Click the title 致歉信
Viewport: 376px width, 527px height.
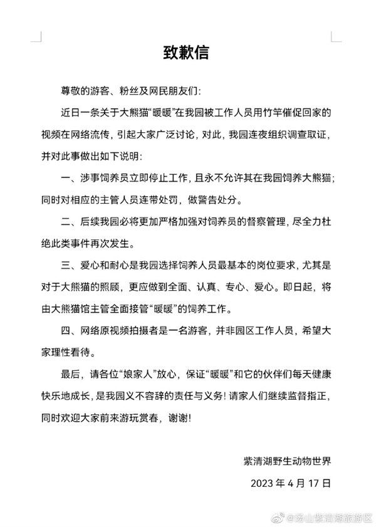[x=187, y=52]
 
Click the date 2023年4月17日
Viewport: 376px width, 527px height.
[x=290, y=484]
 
